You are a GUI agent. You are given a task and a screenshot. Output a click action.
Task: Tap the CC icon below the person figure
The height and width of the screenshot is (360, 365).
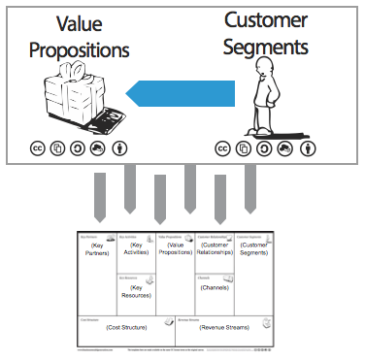[x=222, y=148]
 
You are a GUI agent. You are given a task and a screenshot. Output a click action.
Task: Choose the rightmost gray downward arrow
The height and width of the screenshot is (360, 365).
[x=249, y=189]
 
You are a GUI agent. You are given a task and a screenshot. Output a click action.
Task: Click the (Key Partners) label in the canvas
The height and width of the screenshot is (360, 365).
[x=95, y=249]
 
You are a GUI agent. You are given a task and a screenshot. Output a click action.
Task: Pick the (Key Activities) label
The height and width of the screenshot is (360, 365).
[x=136, y=249]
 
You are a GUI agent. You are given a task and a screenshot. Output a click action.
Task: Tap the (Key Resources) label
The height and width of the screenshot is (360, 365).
[x=136, y=290]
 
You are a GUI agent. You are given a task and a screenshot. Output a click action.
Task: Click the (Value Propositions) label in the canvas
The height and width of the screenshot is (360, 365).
[x=175, y=249]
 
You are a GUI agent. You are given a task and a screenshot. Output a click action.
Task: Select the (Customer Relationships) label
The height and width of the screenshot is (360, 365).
[x=214, y=250]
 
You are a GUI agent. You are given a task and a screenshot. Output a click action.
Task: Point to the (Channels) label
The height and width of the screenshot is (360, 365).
[x=214, y=287]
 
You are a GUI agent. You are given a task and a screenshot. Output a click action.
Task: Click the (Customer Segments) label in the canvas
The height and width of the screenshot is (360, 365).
[x=253, y=250]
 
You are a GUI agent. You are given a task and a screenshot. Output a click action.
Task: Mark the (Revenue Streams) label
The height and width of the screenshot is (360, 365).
[x=223, y=329]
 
